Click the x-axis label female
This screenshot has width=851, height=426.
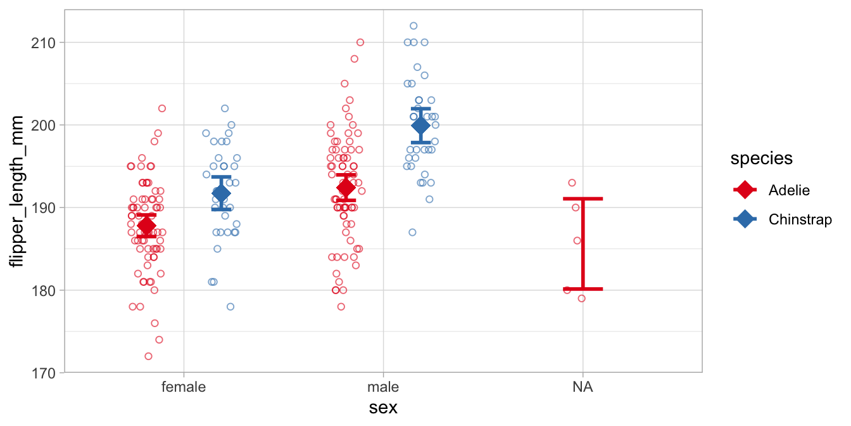[x=184, y=387]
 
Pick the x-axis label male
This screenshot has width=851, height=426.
[x=382, y=387]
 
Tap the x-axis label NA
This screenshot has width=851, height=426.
[x=582, y=387]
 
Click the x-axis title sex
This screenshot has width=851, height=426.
[x=383, y=407]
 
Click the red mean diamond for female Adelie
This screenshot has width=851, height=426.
[x=146, y=226]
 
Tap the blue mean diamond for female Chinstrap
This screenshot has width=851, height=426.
[x=221, y=193]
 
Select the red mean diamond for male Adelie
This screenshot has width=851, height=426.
[x=346, y=187]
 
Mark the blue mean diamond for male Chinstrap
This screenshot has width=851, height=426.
[x=420, y=126]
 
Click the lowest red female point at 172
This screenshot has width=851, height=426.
[x=148, y=356]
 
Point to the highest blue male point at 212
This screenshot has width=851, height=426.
[x=413, y=26]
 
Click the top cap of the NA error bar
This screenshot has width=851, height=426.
[x=582, y=199]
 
